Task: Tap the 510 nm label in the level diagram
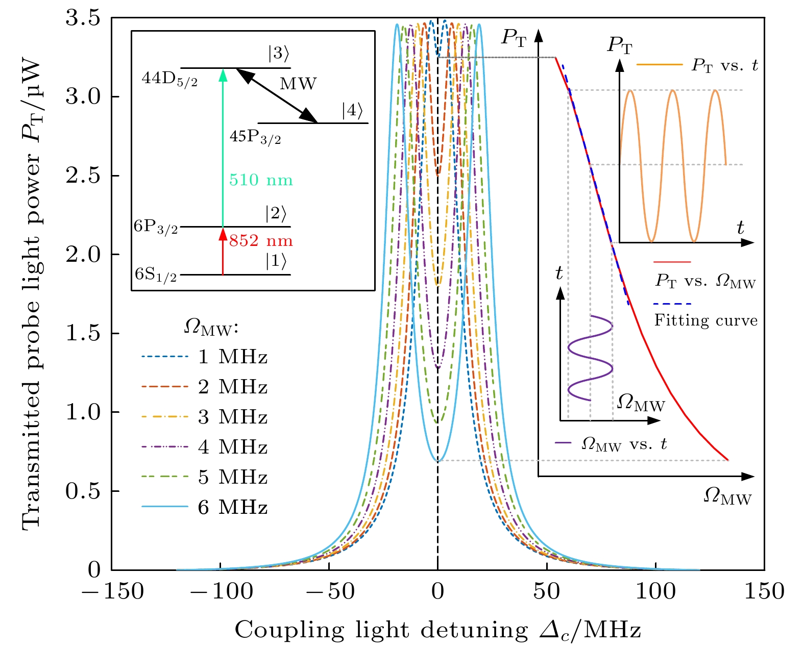261,181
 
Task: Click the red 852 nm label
261,241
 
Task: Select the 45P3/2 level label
255,137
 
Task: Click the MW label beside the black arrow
298,84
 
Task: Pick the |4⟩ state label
353,110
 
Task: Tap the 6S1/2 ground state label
156,275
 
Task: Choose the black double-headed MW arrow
277,95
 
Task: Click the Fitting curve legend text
706,320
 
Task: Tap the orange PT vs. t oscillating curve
673,163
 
